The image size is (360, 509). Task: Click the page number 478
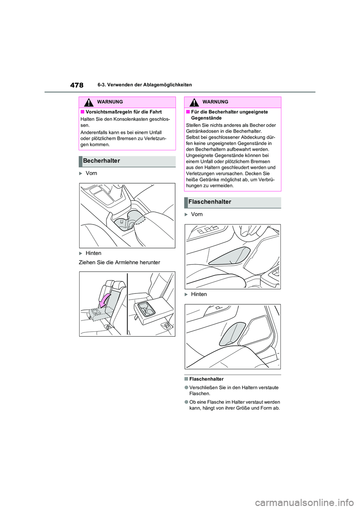pos(76,85)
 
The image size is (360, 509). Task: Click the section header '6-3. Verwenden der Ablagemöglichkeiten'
pos(144,85)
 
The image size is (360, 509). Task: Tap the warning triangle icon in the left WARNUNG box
pos(88,102)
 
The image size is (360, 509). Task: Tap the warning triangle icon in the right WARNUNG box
pos(194,102)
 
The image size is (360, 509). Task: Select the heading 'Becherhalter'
pos(102,161)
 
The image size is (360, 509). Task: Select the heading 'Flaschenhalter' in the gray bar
pos(210,202)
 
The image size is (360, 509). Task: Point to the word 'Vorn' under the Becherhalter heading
pos(91,173)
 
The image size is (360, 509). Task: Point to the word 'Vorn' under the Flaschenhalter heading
pos(196,214)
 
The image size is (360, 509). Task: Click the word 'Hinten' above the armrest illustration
pos(93,253)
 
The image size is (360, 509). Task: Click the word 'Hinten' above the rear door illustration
pos(199,294)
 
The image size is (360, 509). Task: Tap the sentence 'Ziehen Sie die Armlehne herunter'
pos(119,262)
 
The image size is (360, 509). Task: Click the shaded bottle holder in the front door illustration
pos(229,256)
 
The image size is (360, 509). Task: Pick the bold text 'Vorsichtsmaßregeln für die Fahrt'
pos(123,112)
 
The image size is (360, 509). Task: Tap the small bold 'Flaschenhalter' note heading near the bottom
pos(206,379)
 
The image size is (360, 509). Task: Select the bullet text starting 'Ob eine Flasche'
pos(234,405)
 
